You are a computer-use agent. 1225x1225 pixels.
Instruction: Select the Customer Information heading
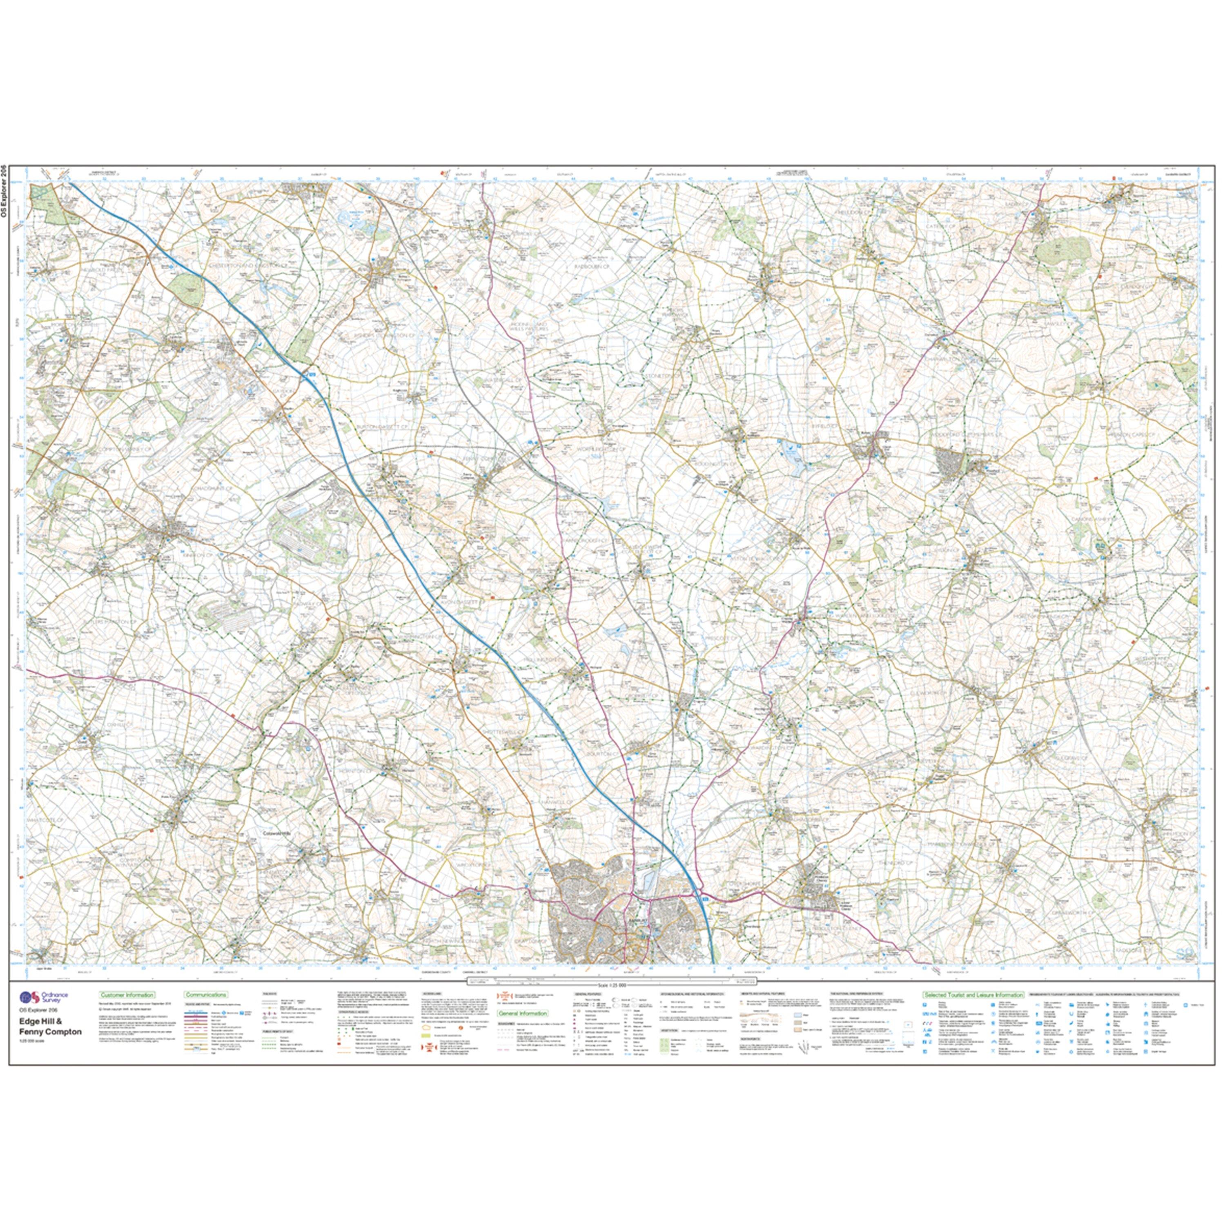click(x=127, y=996)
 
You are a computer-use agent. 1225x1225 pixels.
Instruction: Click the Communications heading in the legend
click(x=206, y=996)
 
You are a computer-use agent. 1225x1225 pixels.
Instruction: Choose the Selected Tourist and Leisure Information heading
click(x=973, y=996)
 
